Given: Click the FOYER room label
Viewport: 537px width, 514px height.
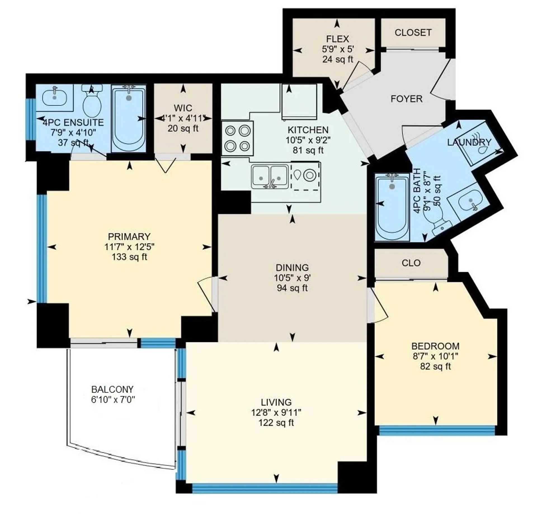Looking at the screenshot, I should (406, 99).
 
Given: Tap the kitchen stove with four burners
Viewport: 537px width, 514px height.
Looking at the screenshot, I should (237, 138).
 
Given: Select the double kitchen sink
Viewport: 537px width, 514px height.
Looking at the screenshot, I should (270, 176).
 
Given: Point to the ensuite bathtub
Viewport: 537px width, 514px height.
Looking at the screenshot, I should (129, 119).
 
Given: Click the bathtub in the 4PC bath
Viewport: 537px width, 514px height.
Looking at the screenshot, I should (392, 207).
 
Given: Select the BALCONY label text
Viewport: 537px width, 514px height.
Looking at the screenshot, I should (112, 389).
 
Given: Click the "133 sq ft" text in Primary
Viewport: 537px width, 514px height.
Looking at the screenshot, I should (129, 257).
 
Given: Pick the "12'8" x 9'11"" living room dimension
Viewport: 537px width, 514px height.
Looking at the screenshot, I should (276, 412).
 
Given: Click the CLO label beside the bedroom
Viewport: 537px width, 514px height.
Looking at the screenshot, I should (411, 263).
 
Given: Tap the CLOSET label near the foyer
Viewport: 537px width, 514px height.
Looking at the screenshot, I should (413, 33).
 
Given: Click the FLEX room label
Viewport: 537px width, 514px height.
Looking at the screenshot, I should (338, 39).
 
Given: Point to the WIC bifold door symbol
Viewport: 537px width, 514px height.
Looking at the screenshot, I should (166, 165).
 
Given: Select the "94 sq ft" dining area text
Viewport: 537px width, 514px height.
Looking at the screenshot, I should (292, 288).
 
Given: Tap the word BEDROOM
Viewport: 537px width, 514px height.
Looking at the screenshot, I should (435, 346).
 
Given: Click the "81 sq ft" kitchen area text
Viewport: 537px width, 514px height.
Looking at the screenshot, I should (308, 150).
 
